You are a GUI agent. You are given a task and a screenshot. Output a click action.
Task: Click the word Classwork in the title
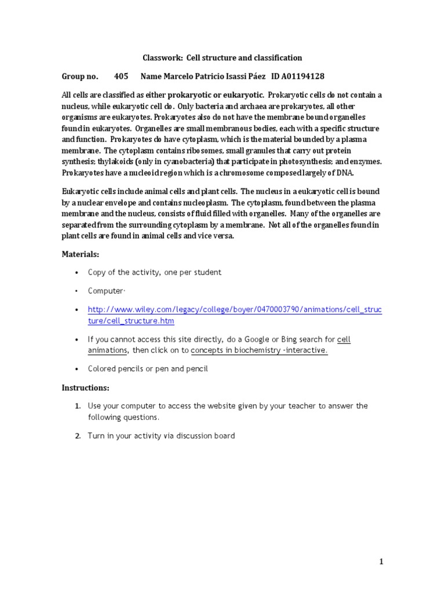[161, 58]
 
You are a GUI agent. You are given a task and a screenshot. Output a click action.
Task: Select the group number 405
[121, 76]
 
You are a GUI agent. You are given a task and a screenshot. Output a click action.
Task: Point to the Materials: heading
[81, 254]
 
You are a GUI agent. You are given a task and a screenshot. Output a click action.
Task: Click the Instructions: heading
[85, 387]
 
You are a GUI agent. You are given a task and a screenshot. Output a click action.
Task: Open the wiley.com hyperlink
[235, 310]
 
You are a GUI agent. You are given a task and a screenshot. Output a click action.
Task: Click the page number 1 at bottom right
[381, 561]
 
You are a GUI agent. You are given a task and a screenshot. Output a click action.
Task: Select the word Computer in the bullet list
[105, 291]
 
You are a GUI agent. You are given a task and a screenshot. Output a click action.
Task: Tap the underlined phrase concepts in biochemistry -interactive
[259, 350]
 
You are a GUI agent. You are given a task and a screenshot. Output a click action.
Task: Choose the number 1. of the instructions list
[77, 406]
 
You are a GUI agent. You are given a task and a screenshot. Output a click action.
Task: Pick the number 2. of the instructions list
[77, 435]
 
